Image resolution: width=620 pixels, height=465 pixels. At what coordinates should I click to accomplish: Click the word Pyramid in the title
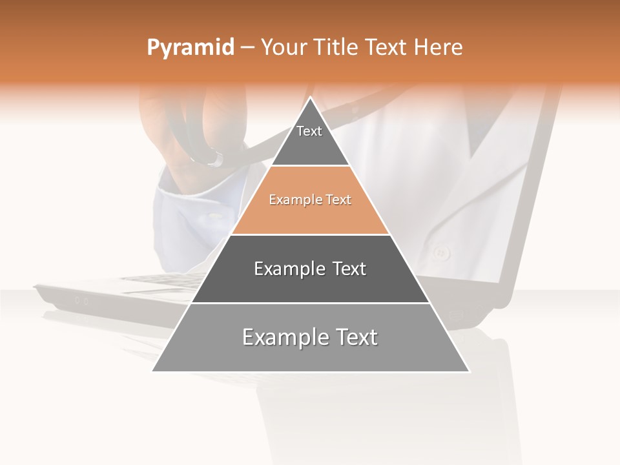pos(190,48)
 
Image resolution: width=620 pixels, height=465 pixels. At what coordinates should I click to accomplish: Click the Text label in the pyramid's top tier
pos(309,132)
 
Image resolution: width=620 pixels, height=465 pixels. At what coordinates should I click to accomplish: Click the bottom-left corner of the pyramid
pos(152,371)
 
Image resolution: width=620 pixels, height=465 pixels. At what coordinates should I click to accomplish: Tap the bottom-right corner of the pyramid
pos(470,371)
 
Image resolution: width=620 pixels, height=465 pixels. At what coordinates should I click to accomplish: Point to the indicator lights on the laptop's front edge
pos(81,300)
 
